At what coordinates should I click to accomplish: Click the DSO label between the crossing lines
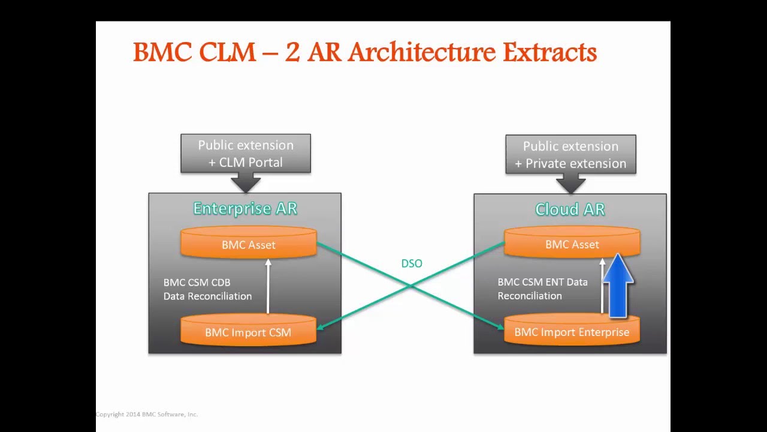tap(412, 263)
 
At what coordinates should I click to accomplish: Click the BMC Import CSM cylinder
tap(248, 332)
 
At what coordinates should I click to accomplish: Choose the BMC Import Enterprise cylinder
tap(572, 332)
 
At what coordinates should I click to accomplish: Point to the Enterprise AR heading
tap(245, 208)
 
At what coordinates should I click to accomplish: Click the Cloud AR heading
tap(569, 209)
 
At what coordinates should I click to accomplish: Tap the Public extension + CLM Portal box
tap(246, 154)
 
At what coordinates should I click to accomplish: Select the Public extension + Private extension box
tap(570, 155)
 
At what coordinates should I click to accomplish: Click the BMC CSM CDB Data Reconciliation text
tap(207, 289)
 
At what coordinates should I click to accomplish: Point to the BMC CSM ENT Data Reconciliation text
tap(542, 289)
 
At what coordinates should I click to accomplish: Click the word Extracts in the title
tap(549, 53)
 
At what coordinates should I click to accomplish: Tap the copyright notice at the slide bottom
tap(147, 414)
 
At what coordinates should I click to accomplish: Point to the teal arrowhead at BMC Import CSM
tap(320, 327)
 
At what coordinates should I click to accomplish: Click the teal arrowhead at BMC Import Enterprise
tap(500, 327)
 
